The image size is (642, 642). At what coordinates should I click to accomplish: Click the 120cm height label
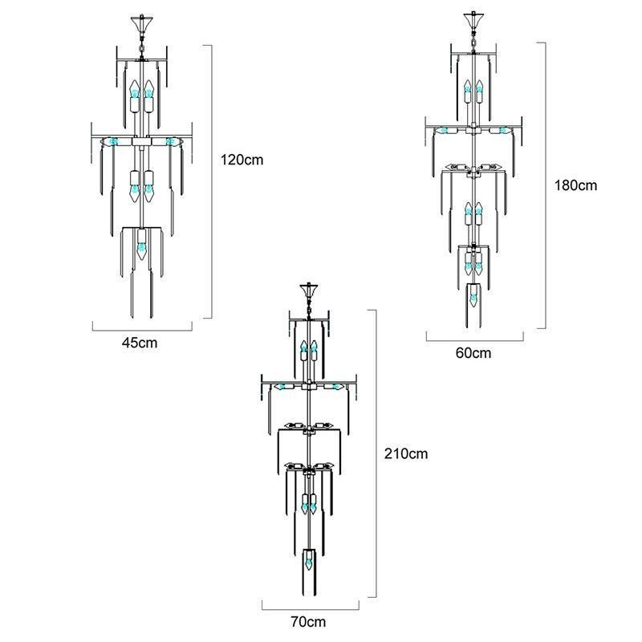pyautogui.click(x=242, y=160)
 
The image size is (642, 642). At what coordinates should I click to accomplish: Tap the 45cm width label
pyautogui.click(x=139, y=343)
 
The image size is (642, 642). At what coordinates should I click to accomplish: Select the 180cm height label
pyautogui.click(x=575, y=185)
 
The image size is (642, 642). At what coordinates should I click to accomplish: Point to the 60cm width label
pyautogui.click(x=473, y=352)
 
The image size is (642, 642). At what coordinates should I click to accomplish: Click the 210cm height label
pyautogui.click(x=406, y=453)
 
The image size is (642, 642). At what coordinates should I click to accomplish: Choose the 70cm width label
pyautogui.click(x=309, y=621)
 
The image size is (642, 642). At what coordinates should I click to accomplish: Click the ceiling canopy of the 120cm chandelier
pyautogui.click(x=142, y=24)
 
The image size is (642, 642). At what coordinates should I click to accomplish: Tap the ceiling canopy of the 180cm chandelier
pyautogui.click(x=473, y=21)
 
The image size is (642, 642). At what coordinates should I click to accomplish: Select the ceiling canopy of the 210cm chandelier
pyautogui.click(x=309, y=291)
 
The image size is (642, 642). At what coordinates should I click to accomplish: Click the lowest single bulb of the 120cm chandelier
pyautogui.click(x=142, y=245)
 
